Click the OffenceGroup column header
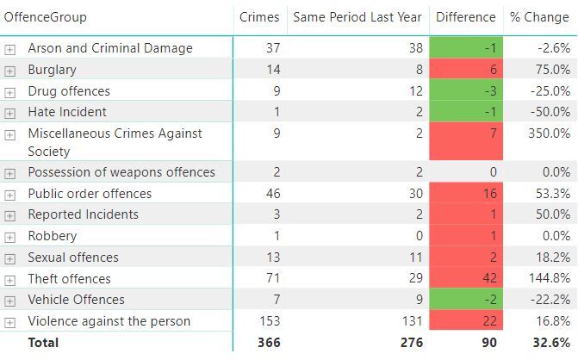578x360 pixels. pos(46,17)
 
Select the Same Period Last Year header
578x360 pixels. pos(357,17)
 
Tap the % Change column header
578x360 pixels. pos(539,17)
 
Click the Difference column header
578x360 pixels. pos(465,17)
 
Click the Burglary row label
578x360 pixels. pos(52,70)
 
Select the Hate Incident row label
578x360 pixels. pos(67,112)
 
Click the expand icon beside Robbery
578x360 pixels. pos(10,237)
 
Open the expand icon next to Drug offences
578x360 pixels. pos(10,91)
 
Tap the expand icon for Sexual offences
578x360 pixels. pos(10,258)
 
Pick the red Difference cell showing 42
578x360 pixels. pos(465,279)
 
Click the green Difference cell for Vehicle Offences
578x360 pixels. pos(465,300)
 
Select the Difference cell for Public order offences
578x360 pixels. pos(465,194)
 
